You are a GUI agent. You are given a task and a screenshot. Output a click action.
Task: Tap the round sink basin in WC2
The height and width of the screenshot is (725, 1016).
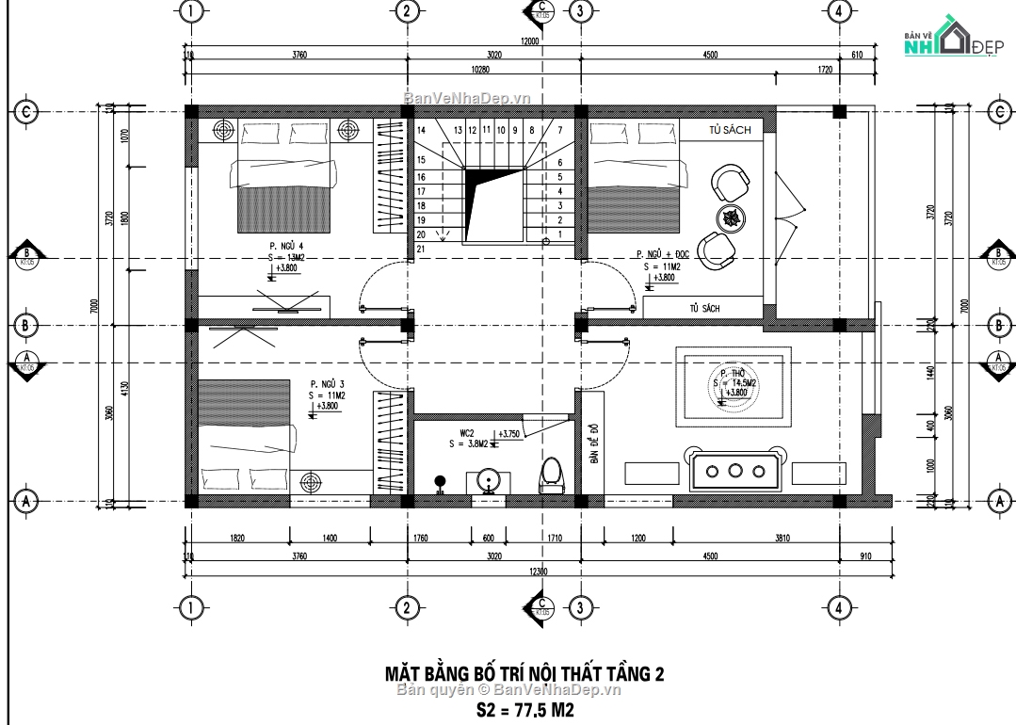click(489, 479)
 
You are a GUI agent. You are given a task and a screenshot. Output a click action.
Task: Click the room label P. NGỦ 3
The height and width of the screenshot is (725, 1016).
click(328, 384)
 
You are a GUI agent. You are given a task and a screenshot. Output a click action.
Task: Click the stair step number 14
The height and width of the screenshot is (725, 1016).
click(422, 130)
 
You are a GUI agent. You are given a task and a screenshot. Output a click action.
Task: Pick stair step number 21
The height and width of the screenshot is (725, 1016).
click(422, 249)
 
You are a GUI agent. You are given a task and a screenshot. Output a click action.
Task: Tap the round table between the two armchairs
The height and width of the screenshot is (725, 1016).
click(730, 217)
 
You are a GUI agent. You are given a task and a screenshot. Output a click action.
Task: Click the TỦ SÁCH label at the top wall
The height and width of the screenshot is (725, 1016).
click(732, 131)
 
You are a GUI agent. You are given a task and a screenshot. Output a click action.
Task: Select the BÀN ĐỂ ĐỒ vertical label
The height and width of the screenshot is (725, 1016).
click(594, 443)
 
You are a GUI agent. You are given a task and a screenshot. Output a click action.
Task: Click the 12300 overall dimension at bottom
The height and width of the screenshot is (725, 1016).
click(538, 572)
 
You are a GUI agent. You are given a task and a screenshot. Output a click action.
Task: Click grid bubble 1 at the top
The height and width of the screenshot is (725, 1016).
click(191, 11)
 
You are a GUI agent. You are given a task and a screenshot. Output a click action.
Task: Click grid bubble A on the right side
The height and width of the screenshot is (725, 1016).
click(999, 500)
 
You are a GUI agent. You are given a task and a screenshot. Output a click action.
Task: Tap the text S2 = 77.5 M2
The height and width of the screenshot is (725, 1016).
click(524, 709)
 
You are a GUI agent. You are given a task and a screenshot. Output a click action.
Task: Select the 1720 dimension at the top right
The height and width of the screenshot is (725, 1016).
click(825, 70)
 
